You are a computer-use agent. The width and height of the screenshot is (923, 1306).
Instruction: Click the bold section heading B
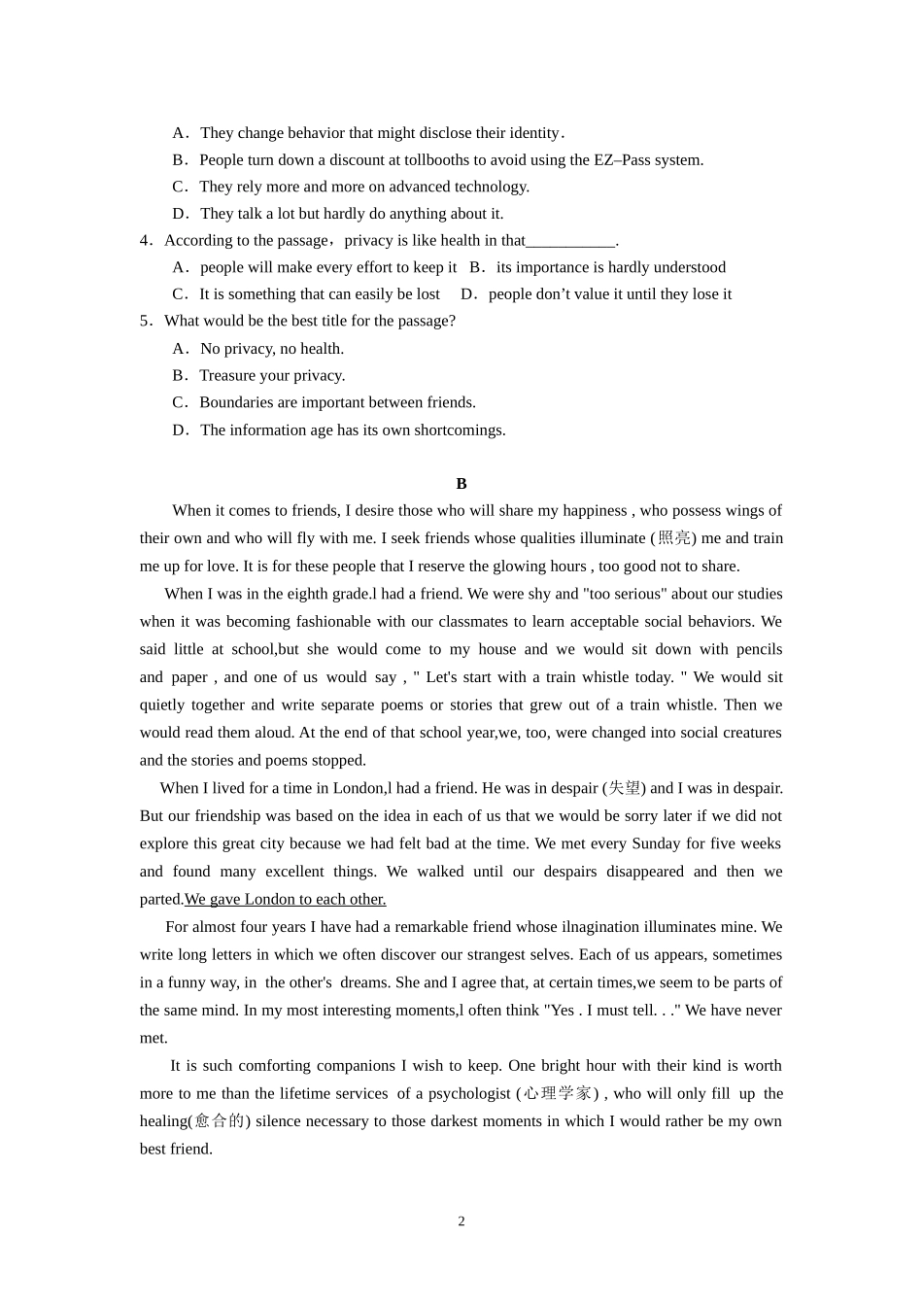[461, 483]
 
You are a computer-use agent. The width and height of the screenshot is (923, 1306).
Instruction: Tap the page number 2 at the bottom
[461, 1221]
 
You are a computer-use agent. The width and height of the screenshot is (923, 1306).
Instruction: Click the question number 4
[144, 240]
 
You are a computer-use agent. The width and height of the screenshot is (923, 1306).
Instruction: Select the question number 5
[144, 321]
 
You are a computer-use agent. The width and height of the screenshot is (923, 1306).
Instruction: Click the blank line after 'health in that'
[570, 241]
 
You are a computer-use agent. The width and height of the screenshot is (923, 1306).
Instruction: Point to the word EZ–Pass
[622, 159]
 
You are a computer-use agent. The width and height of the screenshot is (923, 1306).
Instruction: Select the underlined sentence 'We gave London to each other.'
[285, 899]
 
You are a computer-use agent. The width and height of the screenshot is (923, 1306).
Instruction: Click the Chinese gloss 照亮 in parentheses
[674, 537]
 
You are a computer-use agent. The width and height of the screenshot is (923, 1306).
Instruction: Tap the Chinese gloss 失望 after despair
[625, 788]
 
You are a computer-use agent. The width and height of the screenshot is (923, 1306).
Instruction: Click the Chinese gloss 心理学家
[557, 1093]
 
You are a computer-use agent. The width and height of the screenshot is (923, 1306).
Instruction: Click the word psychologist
[469, 1093]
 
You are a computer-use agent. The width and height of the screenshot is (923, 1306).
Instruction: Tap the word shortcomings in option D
[459, 430]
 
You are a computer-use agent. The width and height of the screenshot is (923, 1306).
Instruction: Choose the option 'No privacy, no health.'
[272, 348]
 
